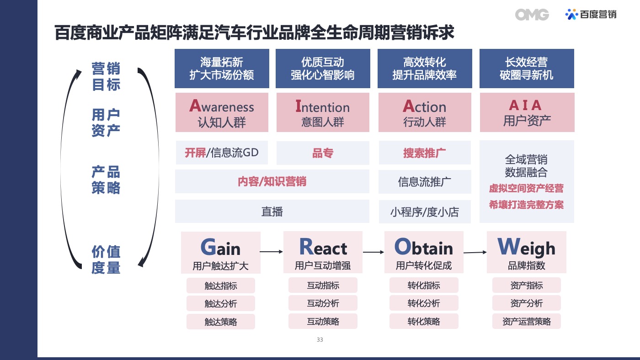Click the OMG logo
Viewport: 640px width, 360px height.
tap(532, 15)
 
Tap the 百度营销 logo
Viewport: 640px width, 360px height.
tap(591, 14)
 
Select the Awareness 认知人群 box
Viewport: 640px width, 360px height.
tap(222, 112)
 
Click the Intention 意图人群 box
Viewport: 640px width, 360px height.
tap(323, 112)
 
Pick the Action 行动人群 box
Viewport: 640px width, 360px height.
tap(425, 112)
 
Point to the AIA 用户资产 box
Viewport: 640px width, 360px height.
tap(527, 112)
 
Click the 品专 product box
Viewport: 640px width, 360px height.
tap(323, 153)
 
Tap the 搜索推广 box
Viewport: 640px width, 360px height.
tap(425, 153)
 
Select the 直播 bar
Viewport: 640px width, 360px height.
tap(272, 212)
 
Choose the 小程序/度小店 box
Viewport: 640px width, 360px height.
tap(425, 212)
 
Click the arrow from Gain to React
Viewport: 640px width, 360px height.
tap(271, 252)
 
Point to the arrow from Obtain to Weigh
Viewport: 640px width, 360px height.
tap(475, 252)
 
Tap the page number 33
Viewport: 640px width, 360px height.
tap(320, 340)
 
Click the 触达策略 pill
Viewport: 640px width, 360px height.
tap(220, 322)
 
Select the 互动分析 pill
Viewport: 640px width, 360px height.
tap(323, 303)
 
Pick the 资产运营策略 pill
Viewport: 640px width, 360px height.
tap(527, 322)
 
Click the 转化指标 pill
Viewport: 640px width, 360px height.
tap(424, 285)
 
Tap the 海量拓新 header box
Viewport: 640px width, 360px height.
tap(222, 69)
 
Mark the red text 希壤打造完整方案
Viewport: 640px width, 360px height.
tap(526, 205)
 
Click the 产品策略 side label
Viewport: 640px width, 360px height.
tap(106, 180)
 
